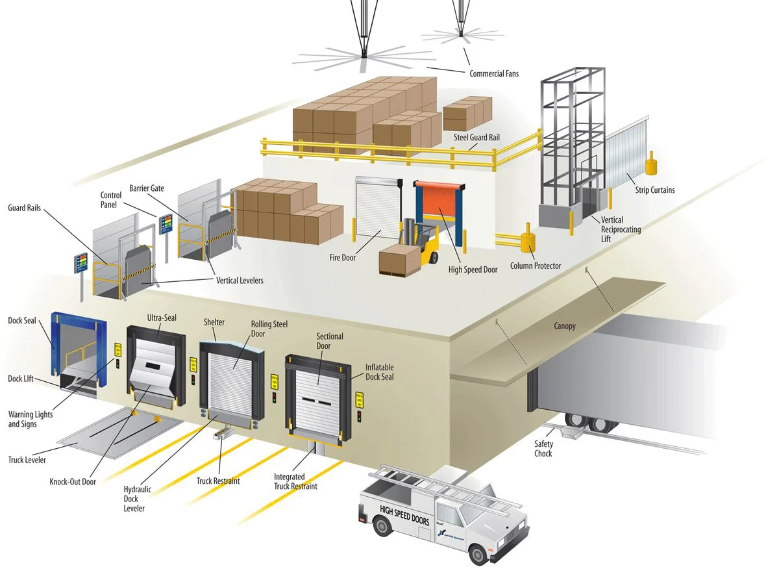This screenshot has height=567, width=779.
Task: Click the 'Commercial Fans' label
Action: pos(494,74)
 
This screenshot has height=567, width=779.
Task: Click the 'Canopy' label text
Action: pos(564,325)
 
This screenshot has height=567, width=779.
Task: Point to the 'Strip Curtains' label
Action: pos(654,190)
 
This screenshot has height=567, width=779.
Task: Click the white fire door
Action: pos(375,207)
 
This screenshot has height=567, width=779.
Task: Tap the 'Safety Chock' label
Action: pos(543,449)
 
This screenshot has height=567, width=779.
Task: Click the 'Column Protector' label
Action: pos(536,266)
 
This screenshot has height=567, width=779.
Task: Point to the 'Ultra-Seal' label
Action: pos(162,318)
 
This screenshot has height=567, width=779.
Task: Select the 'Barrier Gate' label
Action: pos(147,188)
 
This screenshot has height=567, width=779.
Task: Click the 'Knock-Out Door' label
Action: pos(73,482)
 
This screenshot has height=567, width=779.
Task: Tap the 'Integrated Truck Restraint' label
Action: pos(295,481)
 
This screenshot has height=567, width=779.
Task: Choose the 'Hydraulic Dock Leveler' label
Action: pos(137,499)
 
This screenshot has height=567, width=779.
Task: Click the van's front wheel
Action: pos(478,555)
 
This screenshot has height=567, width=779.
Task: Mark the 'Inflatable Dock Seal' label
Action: pos(379,372)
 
